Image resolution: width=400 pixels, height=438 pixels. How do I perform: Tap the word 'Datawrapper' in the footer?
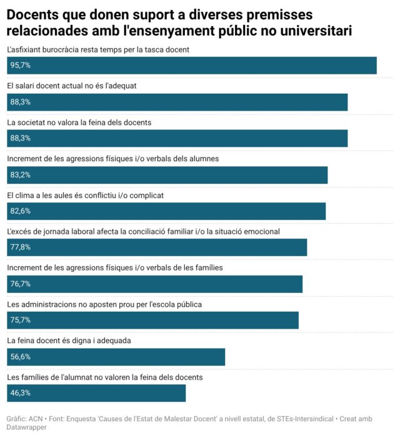(27, 428)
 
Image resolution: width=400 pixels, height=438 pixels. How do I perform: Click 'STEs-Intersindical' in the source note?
(298, 419)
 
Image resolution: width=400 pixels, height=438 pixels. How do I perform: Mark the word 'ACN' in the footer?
(36, 419)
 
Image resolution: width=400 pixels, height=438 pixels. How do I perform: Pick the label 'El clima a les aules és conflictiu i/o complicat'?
(85, 195)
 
